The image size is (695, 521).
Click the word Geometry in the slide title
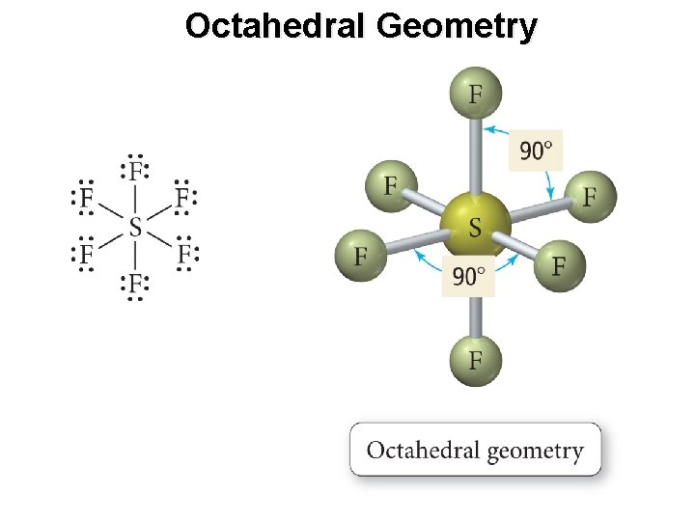click(457, 26)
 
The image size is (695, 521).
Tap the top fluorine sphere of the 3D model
click(475, 94)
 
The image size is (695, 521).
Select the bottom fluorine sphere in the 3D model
click(475, 362)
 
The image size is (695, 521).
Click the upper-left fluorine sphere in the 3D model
click(390, 184)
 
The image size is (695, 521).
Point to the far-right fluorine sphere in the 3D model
click(589, 196)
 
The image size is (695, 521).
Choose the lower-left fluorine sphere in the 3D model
click(361, 256)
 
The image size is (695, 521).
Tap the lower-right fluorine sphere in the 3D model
click(559, 264)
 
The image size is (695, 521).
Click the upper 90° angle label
click(537, 151)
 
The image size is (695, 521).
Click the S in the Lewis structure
click(134, 228)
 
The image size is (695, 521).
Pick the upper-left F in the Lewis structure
click(87, 199)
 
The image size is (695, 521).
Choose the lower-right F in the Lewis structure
click(183, 255)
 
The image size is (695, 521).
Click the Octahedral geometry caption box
click(475, 450)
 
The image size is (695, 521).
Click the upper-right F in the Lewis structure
click(183, 199)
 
